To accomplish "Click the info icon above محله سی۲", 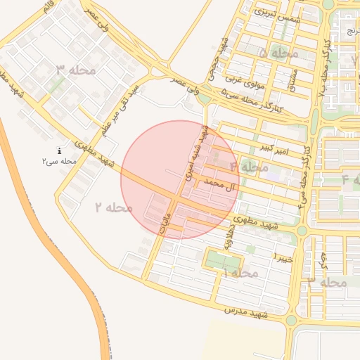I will click(x=60, y=150).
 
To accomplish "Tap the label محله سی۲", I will click(x=58, y=162).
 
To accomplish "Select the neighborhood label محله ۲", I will click(x=114, y=207).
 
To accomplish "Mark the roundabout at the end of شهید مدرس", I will click(x=291, y=321).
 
